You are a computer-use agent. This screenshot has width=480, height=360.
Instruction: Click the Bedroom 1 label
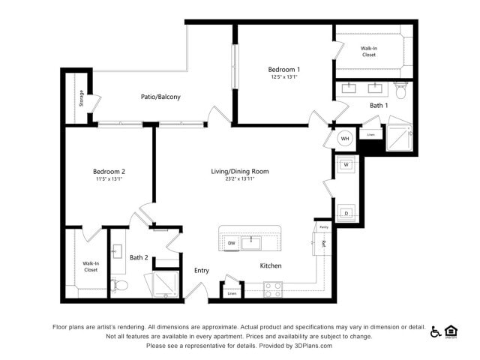[284, 70]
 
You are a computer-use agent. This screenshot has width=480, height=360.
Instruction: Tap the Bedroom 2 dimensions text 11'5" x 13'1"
[109, 178]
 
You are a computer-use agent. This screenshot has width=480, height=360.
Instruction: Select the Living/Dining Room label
[239, 172]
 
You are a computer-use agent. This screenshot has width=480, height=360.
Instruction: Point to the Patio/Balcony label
[160, 97]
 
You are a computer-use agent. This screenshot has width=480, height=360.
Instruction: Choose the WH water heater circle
[345, 138]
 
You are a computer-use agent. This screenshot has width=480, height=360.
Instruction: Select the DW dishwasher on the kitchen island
[232, 243]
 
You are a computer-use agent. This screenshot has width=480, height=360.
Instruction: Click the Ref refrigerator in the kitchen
[323, 243]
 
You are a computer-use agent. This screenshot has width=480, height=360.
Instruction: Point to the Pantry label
[324, 226]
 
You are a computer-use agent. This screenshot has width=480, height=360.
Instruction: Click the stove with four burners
[272, 289]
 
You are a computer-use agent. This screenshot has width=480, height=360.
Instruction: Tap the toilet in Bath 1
[400, 93]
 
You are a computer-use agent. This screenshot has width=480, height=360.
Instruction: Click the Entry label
[202, 271]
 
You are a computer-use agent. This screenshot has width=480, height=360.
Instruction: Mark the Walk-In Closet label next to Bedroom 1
[369, 51]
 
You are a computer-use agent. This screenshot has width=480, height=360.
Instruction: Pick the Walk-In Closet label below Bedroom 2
[91, 266]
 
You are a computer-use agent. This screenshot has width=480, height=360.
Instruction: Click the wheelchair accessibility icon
[436, 331]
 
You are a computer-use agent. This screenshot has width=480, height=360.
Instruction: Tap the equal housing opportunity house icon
[451, 331]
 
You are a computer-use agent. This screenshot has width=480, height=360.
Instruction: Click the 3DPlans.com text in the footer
[310, 346]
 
